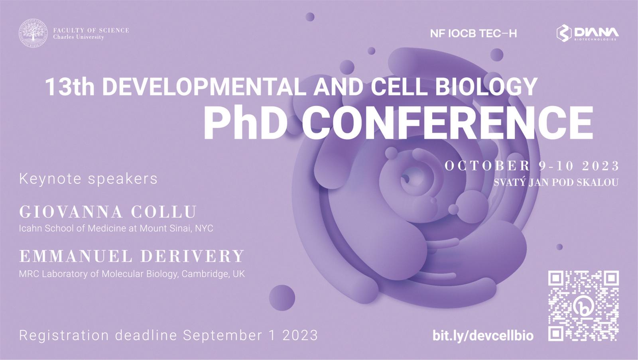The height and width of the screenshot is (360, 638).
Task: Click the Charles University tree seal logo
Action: click(33, 33)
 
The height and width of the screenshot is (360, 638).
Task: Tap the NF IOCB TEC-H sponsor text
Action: click(473, 33)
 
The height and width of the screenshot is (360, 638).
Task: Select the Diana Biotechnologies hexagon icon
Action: click(564, 33)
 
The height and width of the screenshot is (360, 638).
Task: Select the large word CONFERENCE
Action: click(447, 122)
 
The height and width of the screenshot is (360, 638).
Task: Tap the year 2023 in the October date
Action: click(601, 166)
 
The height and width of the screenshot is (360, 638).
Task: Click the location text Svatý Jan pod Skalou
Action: click(556, 183)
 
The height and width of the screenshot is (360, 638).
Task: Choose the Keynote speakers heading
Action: click(88, 179)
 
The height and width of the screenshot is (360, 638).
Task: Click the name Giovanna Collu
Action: click(108, 212)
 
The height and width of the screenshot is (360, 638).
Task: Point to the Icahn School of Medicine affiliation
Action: click(116, 228)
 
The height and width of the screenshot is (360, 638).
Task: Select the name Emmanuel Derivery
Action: click(132, 256)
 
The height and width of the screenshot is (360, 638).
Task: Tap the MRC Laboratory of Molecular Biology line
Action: click(132, 274)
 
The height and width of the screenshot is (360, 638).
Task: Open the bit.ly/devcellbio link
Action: click(483, 336)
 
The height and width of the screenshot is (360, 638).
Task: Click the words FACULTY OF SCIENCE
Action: click(91, 30)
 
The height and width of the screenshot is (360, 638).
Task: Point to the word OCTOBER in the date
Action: click(487, 166)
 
